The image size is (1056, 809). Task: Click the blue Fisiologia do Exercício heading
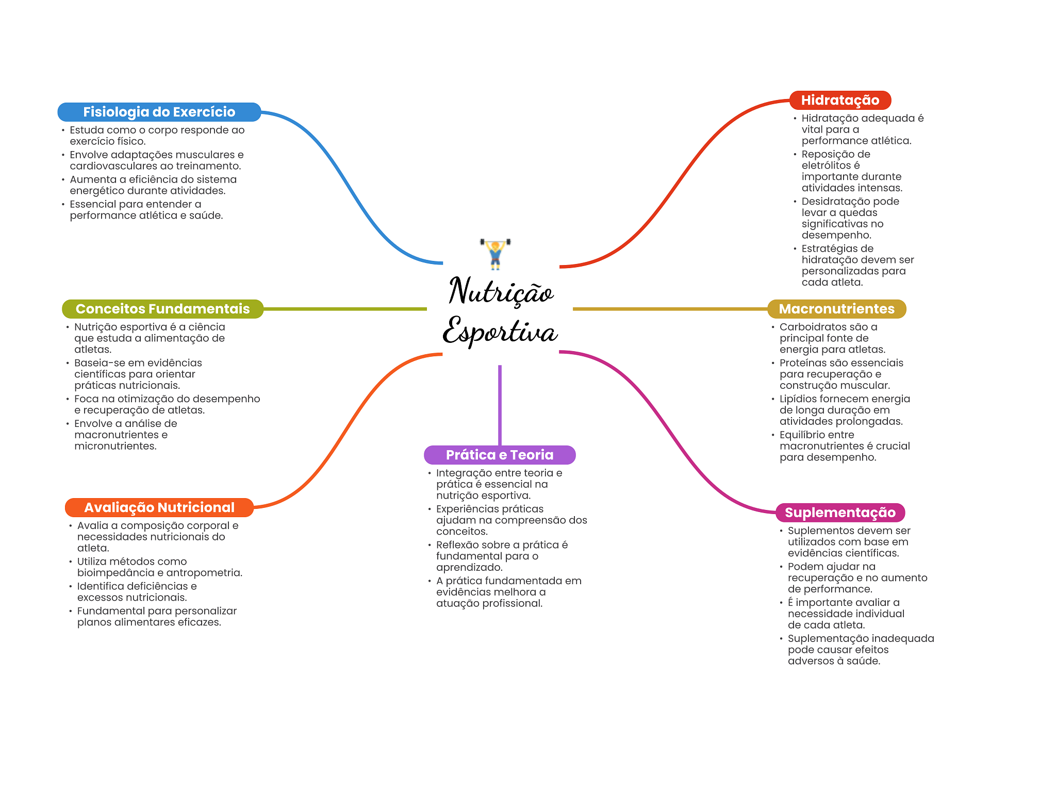159,112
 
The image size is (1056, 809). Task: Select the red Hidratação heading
840,100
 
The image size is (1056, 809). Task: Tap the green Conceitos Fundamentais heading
162,309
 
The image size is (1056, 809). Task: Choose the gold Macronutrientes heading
836,309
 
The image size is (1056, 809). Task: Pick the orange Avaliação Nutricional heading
159,507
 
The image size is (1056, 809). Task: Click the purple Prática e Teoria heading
499,455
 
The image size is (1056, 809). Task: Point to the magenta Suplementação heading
840,513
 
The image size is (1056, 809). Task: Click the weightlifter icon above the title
495,253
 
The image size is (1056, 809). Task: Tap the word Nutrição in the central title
501,291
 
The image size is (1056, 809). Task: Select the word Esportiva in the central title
500,331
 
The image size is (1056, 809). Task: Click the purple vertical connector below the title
500,405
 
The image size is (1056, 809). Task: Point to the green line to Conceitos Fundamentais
345,309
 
